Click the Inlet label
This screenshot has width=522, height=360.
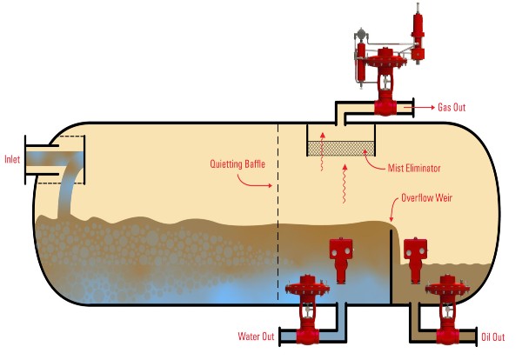point(12,159)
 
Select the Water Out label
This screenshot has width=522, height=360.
point(256,336)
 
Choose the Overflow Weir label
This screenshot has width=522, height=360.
point(428,197)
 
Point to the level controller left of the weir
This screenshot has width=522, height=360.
point(339,256)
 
